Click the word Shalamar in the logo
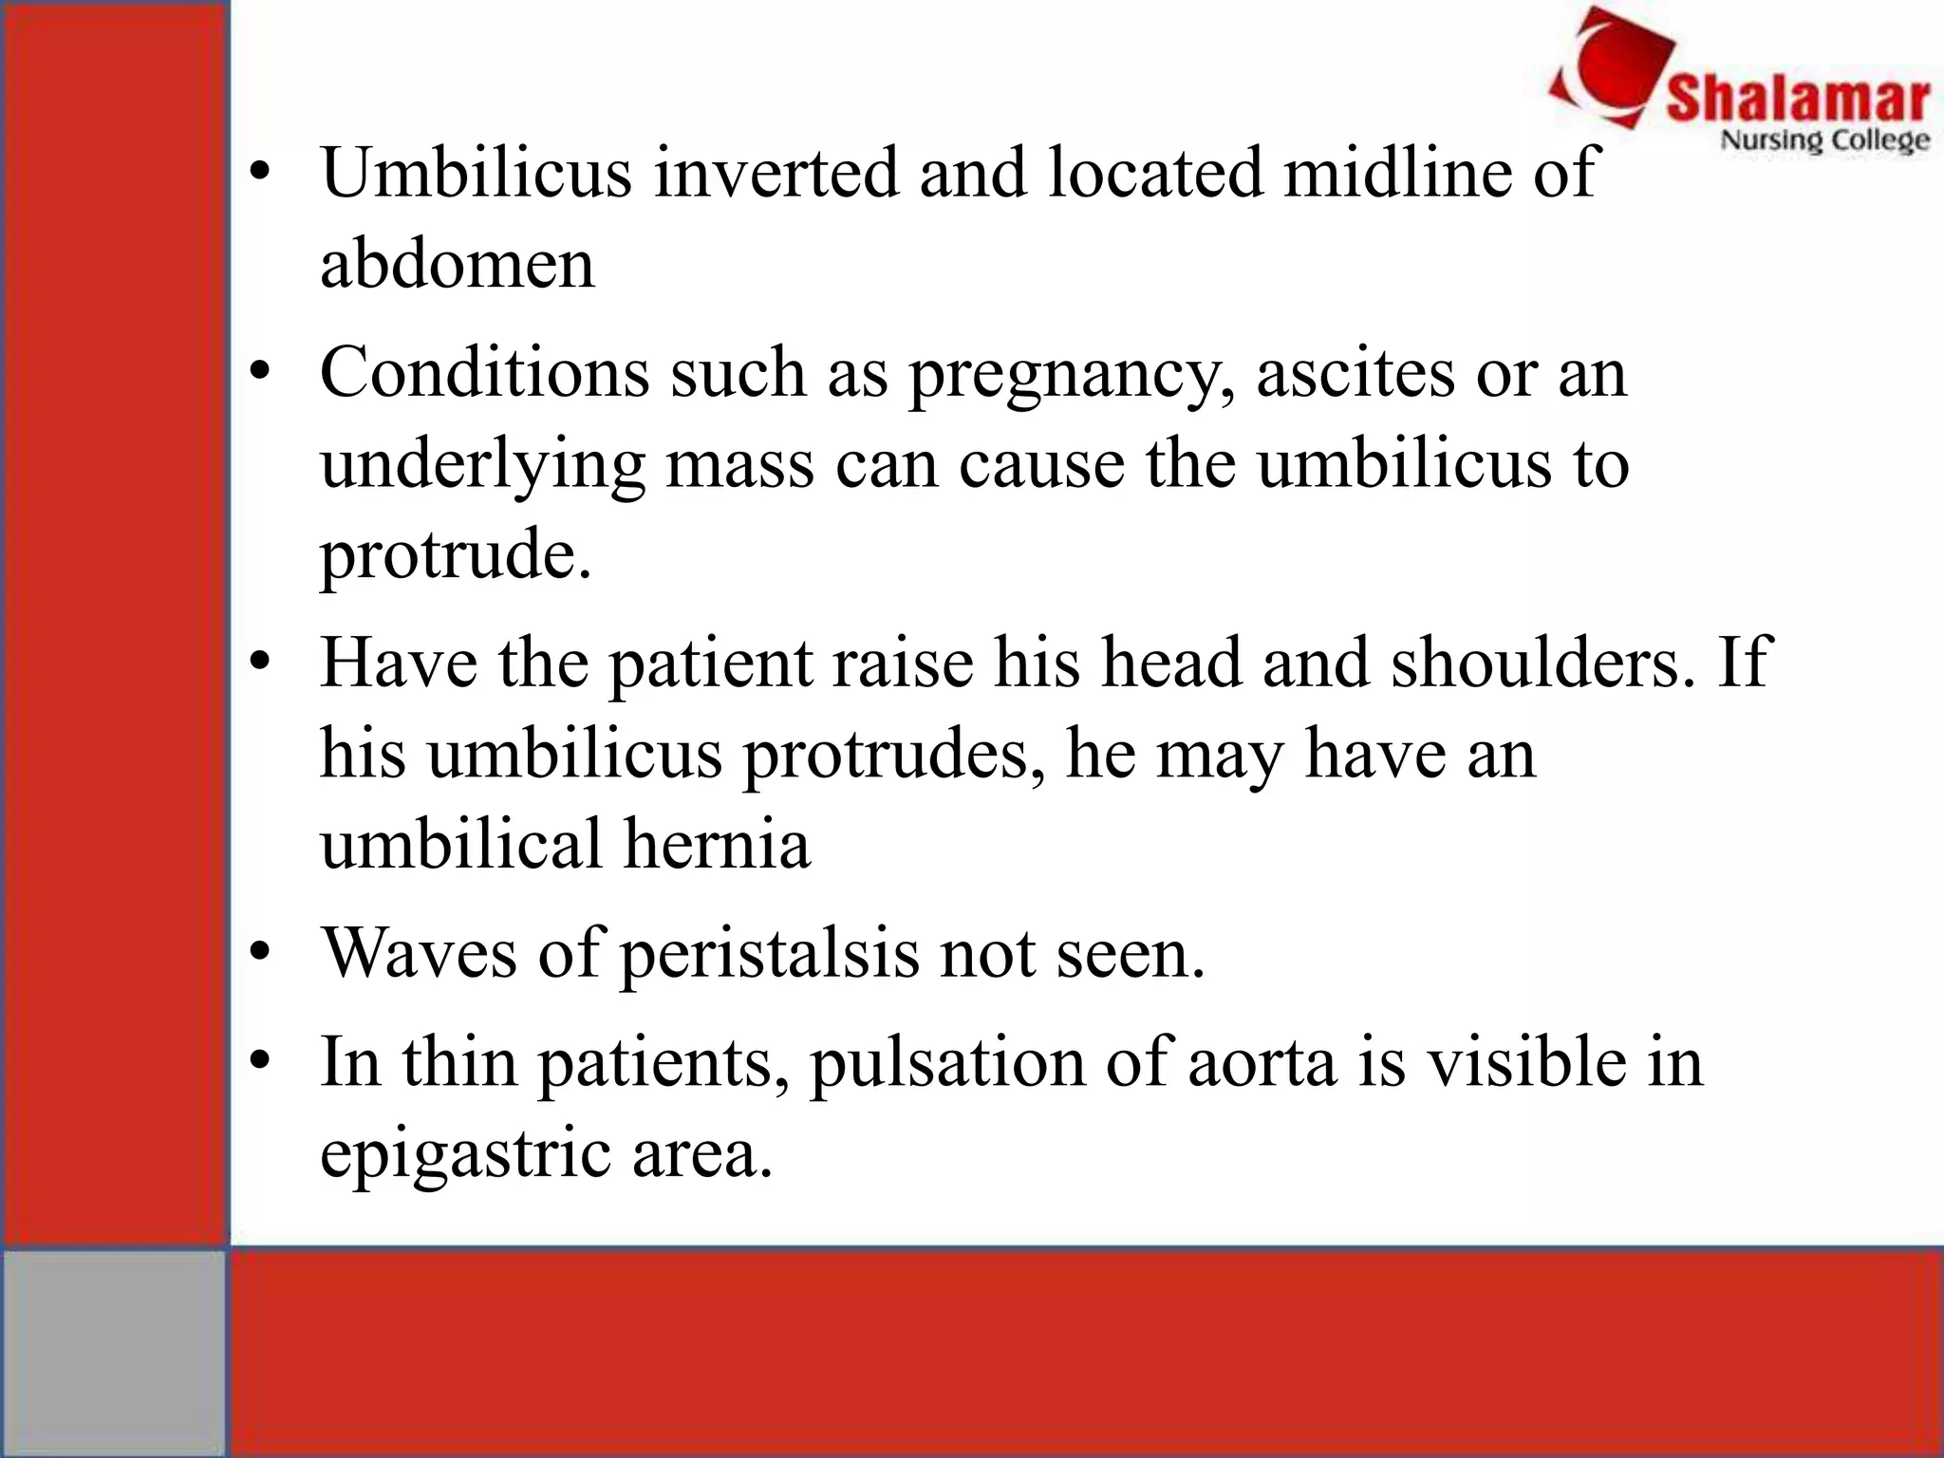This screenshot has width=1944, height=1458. (1798, 100)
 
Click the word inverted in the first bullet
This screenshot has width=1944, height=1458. (776, 174)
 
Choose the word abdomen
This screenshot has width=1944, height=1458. (458, 264)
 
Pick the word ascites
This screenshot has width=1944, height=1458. (1355, 373)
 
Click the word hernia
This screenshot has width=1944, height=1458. (717, 844)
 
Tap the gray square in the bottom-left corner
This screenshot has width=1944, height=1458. (114, 1352)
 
